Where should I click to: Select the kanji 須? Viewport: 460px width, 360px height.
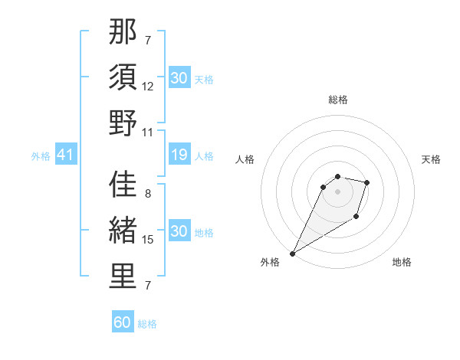123,78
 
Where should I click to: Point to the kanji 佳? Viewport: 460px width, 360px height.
123,186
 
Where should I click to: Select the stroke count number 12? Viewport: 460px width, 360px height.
148,87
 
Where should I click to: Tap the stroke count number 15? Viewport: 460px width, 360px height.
148,240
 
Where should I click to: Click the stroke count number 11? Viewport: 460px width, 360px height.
148,131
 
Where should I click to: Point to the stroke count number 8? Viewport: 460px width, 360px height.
148,195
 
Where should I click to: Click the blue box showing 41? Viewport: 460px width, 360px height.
66,155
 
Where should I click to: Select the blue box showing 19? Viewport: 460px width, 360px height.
179,155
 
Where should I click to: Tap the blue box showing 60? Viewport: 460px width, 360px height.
123,322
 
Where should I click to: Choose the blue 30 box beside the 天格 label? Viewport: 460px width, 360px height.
179,78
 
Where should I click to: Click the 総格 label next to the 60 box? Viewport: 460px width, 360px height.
147,324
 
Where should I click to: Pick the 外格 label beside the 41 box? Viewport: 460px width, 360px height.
41,156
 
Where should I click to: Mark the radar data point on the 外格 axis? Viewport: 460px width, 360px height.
292,254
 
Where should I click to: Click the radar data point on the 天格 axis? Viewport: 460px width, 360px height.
367,182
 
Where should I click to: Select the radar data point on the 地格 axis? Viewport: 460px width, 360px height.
356,218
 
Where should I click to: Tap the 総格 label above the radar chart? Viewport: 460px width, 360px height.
338,100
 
